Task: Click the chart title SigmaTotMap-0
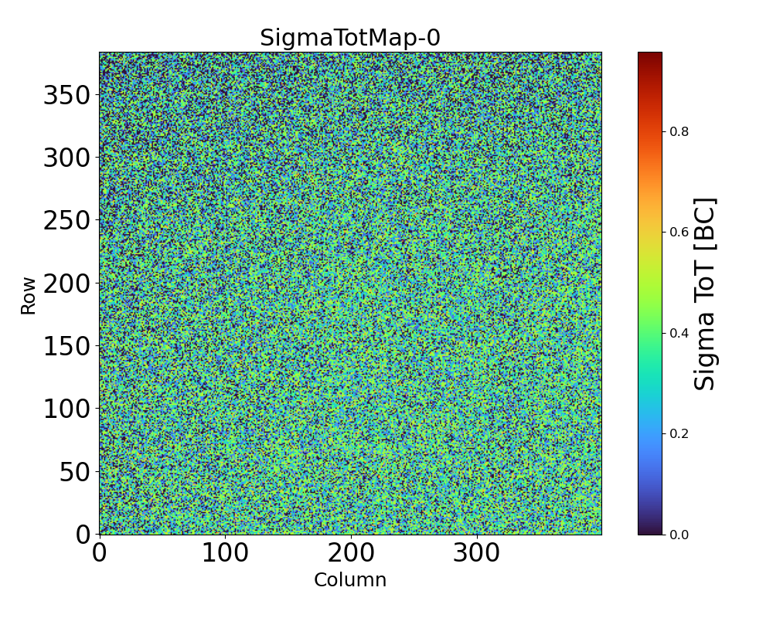350,38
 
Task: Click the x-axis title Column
350,580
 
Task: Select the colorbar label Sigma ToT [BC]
705,294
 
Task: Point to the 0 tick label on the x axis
100,553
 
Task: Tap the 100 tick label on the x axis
225,553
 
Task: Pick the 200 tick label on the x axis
351,553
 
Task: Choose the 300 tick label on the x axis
477,553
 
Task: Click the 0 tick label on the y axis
83,535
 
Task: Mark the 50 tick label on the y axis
75,472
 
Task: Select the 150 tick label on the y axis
66,346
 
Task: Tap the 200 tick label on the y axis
66,284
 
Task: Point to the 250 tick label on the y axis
66,221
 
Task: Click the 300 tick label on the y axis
66,158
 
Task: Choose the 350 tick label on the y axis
66,95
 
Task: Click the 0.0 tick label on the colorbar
679,535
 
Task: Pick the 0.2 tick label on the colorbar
679,434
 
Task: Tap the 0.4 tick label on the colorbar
679,333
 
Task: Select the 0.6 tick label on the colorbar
679,233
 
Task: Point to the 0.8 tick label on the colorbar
679,132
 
